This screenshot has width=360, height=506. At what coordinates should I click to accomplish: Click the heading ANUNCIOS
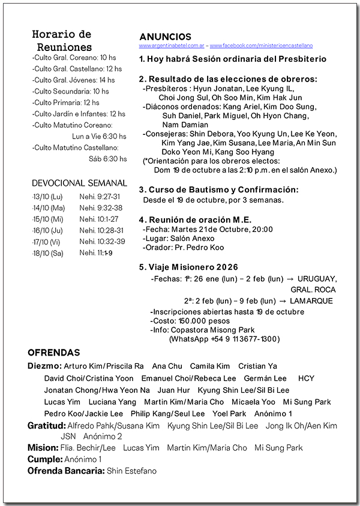tap(165, 37)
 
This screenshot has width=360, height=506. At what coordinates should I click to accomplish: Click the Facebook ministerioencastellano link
tap(261, 46)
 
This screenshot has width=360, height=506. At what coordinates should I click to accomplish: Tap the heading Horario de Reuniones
tap(62, 41)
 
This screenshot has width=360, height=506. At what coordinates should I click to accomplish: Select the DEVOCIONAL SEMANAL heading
tap(79, 183)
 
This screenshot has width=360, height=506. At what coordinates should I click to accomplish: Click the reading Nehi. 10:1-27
tap(99, 219)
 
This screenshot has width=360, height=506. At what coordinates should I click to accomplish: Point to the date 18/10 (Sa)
tap(47, 253)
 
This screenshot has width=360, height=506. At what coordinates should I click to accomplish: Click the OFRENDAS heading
tap(53, 353)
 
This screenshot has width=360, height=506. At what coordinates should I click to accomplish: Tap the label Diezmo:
tap(44, 366)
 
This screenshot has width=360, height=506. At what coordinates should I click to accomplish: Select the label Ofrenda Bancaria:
tap(65, 471)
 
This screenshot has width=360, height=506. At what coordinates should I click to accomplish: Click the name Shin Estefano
tap(131, 471)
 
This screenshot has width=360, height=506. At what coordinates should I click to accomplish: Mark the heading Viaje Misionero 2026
tap(188, 267)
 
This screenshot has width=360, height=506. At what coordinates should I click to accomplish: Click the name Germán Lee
tap(265, 378)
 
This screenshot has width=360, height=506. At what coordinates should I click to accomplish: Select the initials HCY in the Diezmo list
tap(306, 378)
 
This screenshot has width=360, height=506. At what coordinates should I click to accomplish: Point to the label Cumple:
tap(44, 459)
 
